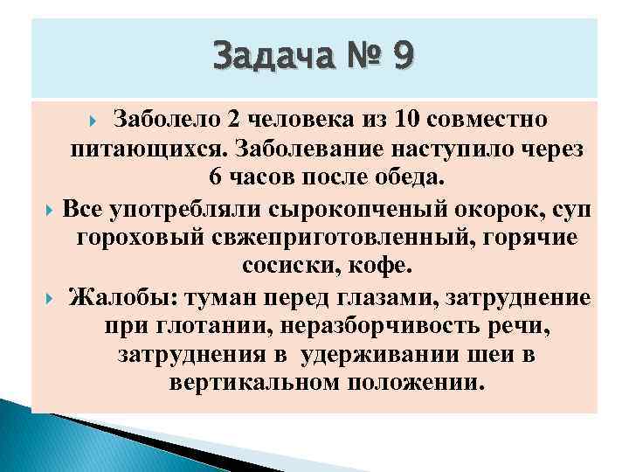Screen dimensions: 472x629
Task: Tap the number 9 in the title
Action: [404, 58]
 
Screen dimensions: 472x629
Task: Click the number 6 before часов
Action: [218, 177]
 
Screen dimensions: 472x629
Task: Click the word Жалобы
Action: [121, 297]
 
